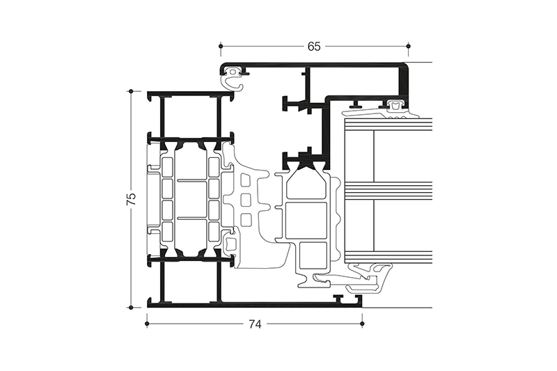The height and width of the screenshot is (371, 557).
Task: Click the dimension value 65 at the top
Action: click(314, 47)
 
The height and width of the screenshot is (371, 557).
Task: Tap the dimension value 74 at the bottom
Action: click(255, 324)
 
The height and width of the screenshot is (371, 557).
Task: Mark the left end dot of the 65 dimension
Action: click(221, 47)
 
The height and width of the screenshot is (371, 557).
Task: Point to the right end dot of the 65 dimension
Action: click(409, 47)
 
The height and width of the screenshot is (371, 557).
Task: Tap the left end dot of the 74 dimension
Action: click(146, 324)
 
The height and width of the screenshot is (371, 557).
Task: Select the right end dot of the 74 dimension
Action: click(362, 324)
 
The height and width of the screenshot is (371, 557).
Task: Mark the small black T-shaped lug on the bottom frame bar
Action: click(339, 299)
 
